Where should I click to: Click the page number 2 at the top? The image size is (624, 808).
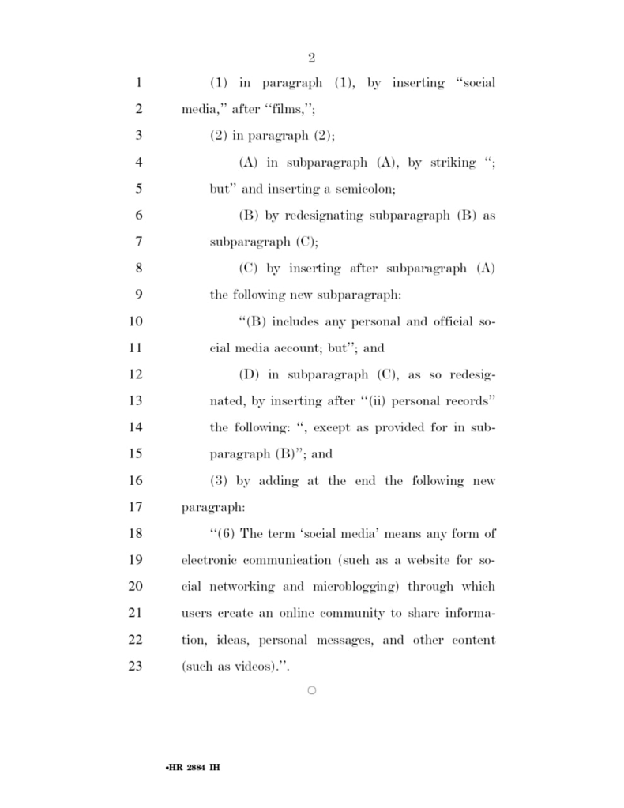tap(311, 58)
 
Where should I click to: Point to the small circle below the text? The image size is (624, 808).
tap(311, 691)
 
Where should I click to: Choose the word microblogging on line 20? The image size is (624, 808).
tap(350, 587)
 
